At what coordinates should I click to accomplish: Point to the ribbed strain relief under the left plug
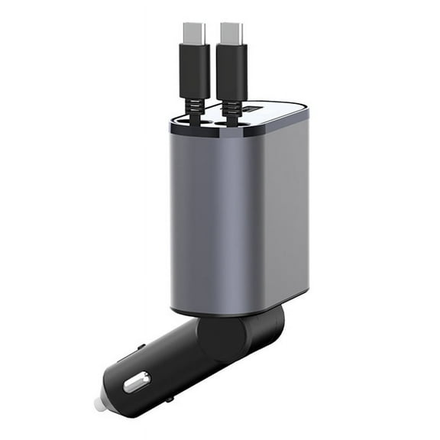tap(194, 107)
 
